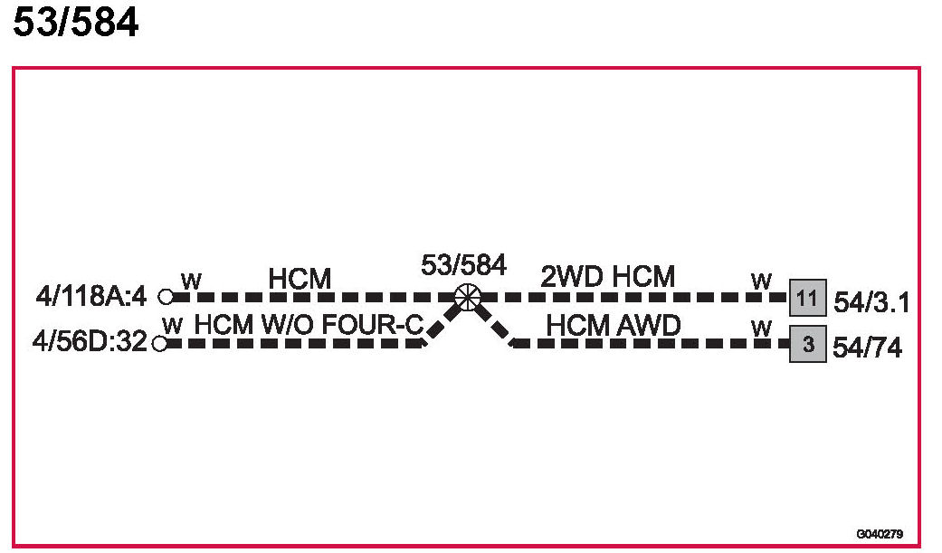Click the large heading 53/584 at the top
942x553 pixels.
(x=76, y=24)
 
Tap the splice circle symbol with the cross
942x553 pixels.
(x=467, y=296)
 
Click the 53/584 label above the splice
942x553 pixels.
(x=463, y=265)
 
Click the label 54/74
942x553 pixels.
(x=867, y=348)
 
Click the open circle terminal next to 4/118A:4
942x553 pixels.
(x=165, y=296)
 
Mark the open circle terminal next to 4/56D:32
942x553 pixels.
(x=160, y=344)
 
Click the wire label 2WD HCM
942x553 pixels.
(x=608, y=276)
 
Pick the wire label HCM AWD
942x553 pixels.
(x=613, y=325)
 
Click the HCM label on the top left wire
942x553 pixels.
(x=300, y=279)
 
